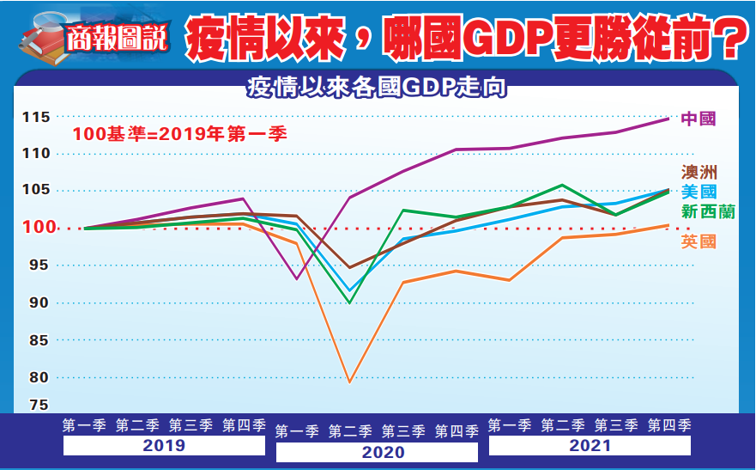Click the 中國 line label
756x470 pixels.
[x=698, y=119]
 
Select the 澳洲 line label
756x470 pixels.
[x=698, y=173]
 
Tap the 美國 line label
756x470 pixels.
[x=698, y=192]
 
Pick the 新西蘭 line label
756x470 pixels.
[x=707, y=211]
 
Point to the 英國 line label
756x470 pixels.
[x=698, y=242]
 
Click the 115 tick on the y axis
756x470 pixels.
[x=36, y=117]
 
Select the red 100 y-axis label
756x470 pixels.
[x=36, y=228]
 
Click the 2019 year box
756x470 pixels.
[x=164, y=446]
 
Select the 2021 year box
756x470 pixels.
[x=590, y=446]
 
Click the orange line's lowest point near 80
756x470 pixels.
[x=350, y=381]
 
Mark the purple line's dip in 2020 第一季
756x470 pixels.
[x=297, y=278]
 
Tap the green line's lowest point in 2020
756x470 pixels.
[x=350, y=302]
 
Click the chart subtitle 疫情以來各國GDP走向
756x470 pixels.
[x=375, y=88]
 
